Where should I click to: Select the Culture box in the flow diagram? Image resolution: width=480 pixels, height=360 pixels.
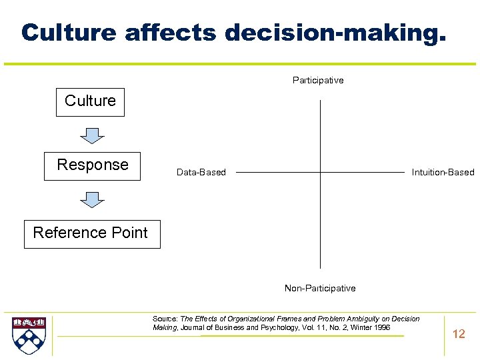click(90, 101)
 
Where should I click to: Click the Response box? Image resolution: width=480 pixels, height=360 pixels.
click(92, 165)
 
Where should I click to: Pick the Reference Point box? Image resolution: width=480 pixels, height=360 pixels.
click(92, 233)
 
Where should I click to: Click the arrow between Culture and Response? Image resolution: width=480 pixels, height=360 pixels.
click(92, 135)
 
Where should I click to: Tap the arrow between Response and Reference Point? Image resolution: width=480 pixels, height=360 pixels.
click(92, 200)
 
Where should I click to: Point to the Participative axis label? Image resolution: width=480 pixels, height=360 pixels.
click(318, 81)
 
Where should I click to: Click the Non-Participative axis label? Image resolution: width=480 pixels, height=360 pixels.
click(320, 289)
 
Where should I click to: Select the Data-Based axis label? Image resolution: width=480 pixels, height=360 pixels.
click(201, 173)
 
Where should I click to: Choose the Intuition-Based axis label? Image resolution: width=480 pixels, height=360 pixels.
click(443, 173)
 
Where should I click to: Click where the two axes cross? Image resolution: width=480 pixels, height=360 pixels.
click(321, 172)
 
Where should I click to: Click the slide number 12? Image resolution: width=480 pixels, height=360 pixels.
click(459, 334)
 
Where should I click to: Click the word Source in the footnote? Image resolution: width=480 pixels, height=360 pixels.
click(165, 319)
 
